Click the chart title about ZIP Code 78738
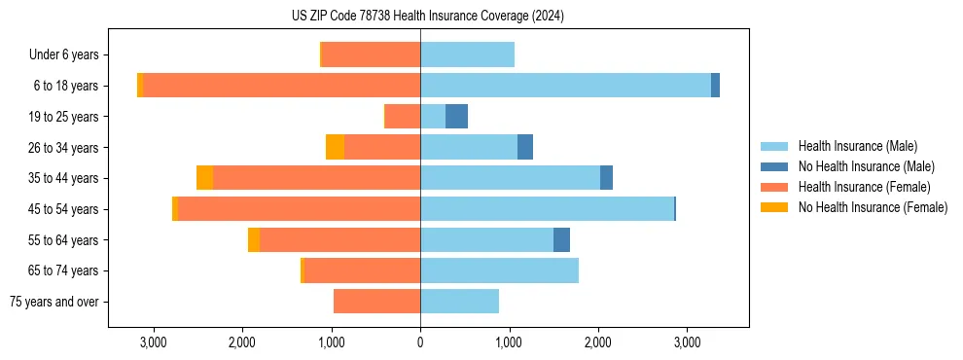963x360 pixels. [x=427, y=16]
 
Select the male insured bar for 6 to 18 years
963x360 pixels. [x=565, y=86]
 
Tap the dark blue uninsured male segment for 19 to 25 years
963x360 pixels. [x=456, y=117]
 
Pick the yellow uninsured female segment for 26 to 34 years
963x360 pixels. [x=335, y=148]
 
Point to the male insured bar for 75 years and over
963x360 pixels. [x=459, y=302]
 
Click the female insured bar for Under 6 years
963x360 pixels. [x=371, y=54]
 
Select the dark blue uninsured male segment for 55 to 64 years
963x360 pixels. [x=561, y=240]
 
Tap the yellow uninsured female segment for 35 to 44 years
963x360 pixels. [x=204, y=178]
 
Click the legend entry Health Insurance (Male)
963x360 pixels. [x=857, y=146]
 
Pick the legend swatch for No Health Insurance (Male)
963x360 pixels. [x=774, y=166]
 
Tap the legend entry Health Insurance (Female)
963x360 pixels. [x=865, y=187]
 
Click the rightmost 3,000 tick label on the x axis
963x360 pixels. [x=687, y=342]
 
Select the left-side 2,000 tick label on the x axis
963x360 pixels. [x=242, y=342]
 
